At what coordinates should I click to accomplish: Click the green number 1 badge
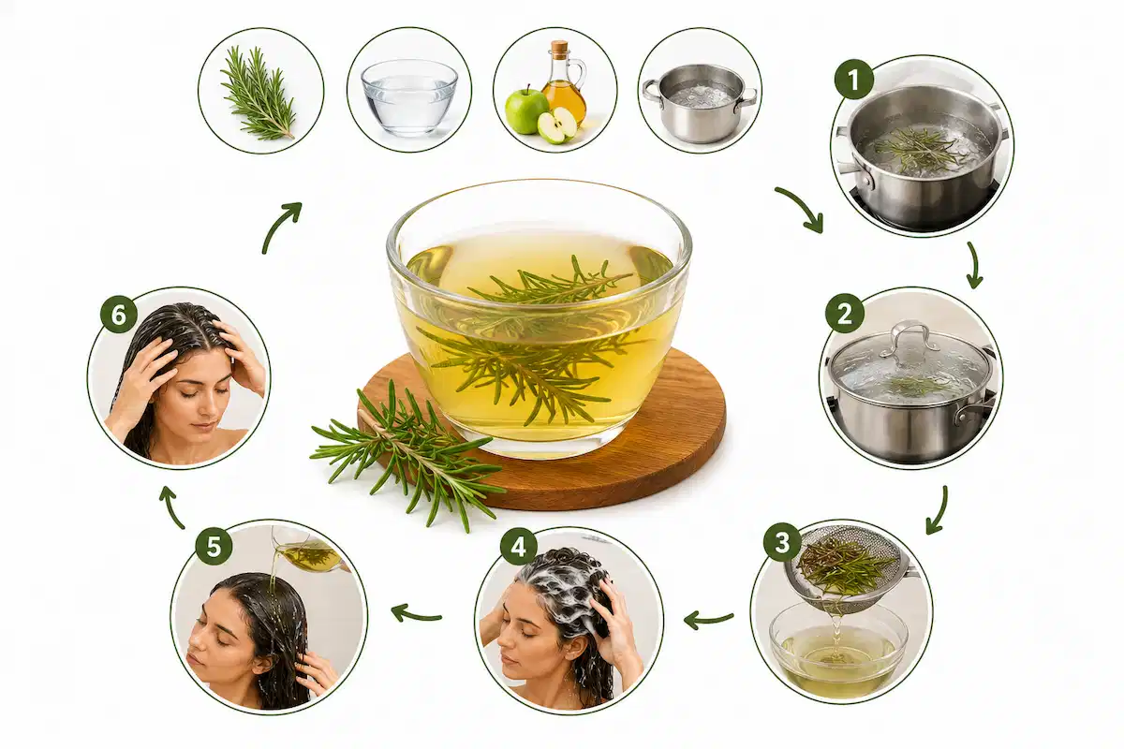pyautogui.click(x=853, y=80)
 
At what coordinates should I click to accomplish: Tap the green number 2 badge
pyautogui.click(x=845, y=314)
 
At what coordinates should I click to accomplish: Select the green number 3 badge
pyautogui.click(x=782, y=542)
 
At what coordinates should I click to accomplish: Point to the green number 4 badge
pyautogui.click(x=519, y=545)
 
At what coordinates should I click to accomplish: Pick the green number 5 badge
pyautogui.click(x=214, y=546)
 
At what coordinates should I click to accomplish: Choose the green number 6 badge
pyautogui.click(x=119, y=316)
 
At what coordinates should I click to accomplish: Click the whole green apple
pyautogui.click(x=525, y=111)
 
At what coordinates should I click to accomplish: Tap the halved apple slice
pyautogui.click(x=557, y=125)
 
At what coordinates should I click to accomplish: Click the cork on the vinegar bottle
pyautogui.click(x=558, y=48)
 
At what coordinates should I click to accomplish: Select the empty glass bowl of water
pyautogui.click(x=409, y=97)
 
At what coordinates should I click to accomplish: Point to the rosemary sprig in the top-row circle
pyautogui.click(x=258, y=93)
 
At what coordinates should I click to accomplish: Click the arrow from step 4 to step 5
pyautogui.click(x=416, y=614)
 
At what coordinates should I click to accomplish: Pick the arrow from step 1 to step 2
pyautogui.click(x=974, y=266)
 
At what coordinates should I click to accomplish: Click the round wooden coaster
pyautogui.click(x=542, y=432)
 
